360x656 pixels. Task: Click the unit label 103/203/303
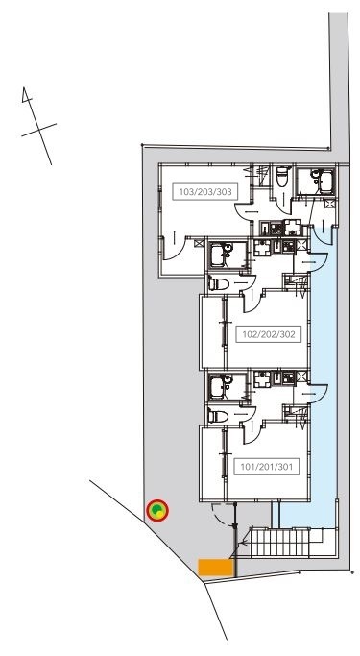click(204, 192)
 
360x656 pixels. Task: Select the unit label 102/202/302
click(269, 334)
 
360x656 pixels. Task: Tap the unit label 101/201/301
click(266, 467)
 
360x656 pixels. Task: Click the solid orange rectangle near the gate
click(215, 568)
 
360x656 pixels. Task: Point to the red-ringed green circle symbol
click(157, 510)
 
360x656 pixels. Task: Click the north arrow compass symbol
click(38, 126)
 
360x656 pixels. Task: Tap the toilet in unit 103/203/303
click(283, 177)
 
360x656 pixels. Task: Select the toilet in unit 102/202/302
click(219, 284)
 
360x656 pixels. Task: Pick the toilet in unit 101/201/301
click(218, 416)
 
